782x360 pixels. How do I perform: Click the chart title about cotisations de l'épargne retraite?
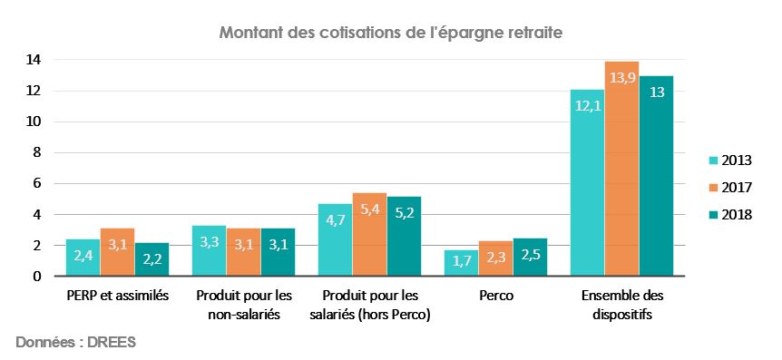click(391, 34)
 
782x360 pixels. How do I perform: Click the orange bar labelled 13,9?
click(621, 169)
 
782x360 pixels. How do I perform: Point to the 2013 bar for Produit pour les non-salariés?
click(210, 250)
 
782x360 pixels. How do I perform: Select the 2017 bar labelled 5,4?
click(369, 234)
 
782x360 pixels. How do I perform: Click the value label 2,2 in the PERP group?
click(152, 260)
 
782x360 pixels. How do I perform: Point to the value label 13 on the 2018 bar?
click(656, 92)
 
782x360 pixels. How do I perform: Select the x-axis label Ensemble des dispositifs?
click(621, 305)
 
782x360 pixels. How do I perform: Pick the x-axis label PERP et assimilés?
click(117, 297)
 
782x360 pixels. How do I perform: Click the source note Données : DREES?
click(75, 343)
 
